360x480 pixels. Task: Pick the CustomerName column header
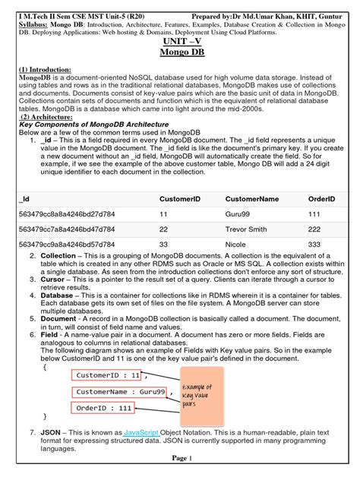click(253, 198)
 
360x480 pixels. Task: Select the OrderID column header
click(321, 198)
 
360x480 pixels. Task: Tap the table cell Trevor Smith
click(248, 229)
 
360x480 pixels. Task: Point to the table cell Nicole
click(237, 244)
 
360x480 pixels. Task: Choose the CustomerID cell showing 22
click(163, 229)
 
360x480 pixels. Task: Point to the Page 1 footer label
click(179, 458)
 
